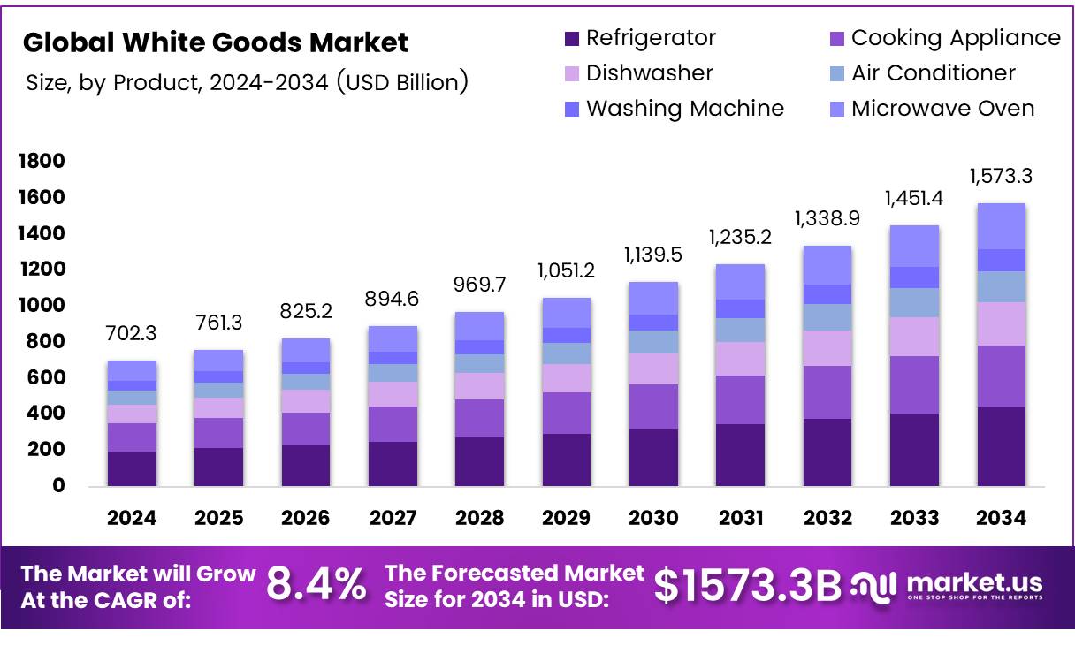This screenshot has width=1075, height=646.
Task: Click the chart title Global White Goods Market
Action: coord(216,42)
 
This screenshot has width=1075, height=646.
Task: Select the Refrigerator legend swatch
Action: coord(571,39)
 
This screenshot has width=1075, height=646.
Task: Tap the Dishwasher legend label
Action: coord(649,73)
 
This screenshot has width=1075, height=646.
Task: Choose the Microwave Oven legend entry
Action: coord(942,109)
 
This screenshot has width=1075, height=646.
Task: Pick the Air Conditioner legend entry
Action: coord(933,73)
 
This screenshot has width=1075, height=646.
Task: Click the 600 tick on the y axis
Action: coord(50,377)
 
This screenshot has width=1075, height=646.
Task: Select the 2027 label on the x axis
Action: coord(393,519)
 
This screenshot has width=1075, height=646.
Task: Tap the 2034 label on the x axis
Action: coord(1002,519)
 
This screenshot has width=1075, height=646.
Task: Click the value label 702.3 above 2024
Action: coord(132,335)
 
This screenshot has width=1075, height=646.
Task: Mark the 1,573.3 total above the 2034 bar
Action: coord(1001,176)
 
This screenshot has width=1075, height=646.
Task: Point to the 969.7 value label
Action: coord(479,285)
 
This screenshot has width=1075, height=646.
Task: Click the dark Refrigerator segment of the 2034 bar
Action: coord(1001,446)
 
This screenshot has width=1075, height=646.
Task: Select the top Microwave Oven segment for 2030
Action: coord(653,298)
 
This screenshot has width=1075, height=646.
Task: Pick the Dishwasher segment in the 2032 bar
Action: coord(827,348)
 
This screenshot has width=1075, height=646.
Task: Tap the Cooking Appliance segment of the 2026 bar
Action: coord(306,429)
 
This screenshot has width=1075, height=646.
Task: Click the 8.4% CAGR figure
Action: coord(316,585)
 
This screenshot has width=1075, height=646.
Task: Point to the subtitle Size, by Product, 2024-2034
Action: coord(247,82)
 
